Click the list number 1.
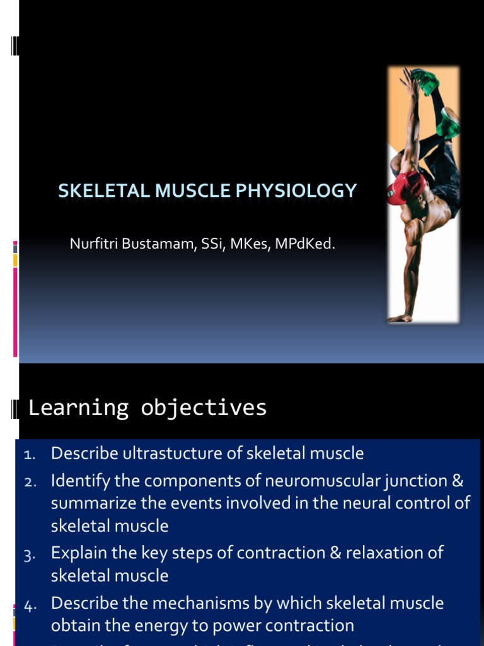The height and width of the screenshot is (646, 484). (x=31, y=455)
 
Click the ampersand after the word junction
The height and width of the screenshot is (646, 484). (x=458, y=481)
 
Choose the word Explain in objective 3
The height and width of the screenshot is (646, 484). (x=76, y=553)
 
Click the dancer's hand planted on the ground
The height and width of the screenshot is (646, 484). (x=401, y=317)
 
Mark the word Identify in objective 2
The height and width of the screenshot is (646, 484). (x=76, y=481)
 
